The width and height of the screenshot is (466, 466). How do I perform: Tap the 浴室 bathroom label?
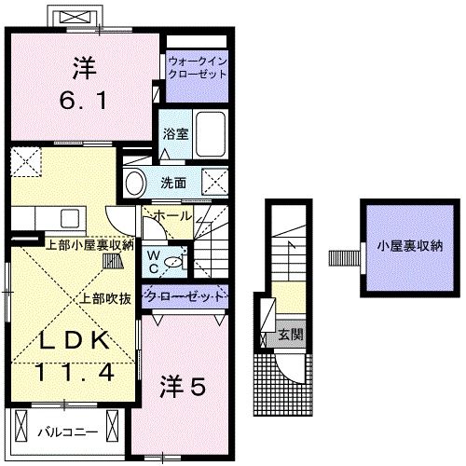[175, 133]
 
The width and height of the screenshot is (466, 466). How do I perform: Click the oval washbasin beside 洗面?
[136, 182]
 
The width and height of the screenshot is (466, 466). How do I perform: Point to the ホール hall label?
[172, 215]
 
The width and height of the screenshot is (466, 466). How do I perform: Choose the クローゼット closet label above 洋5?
[185, 296]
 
